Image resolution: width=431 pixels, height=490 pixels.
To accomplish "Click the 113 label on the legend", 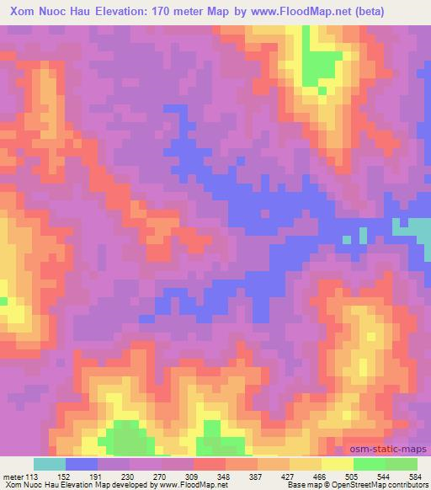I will (32, 477).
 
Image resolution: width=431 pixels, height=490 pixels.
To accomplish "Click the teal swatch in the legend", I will (50, 464).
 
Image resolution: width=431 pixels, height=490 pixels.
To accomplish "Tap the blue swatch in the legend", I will (82, 464).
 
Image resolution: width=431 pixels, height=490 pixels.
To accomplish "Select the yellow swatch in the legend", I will (337, 464).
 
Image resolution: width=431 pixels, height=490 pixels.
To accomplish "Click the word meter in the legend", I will (11, 477).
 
